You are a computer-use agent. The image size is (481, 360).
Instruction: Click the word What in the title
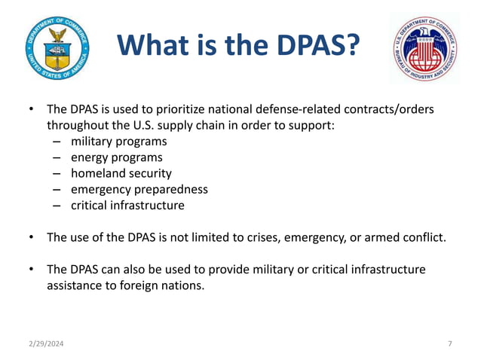[x=155, y=47]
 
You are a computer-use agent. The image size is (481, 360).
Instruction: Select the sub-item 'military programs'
[x=118, y=141]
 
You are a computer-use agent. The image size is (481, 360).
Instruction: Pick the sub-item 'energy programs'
[x=116, y=157]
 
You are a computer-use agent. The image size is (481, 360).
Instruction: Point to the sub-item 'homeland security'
[x=121, y=173]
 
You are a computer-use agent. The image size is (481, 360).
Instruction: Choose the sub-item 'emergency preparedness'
[x=139, y=189]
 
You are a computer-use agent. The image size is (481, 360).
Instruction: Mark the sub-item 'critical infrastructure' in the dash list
[x=127, y=205]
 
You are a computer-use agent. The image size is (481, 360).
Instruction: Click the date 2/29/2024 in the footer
[x=44, y=343]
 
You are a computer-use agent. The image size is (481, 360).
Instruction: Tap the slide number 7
[x=449, y=343]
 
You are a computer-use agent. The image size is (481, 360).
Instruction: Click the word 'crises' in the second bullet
[x=256, y=237]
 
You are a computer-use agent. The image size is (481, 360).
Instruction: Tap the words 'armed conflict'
[x=407, y=237]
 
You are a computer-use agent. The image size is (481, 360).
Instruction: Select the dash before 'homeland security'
[x=57, y=173]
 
